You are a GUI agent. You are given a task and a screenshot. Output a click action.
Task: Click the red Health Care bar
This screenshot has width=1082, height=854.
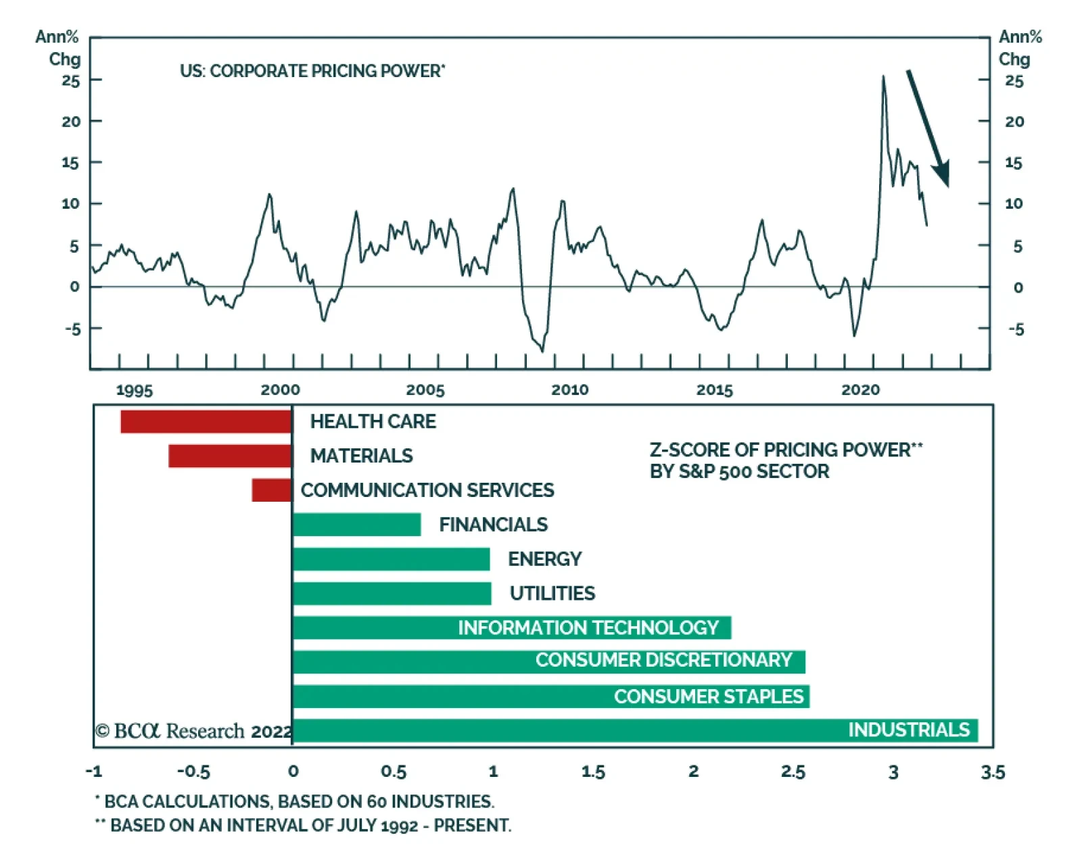point(206,421)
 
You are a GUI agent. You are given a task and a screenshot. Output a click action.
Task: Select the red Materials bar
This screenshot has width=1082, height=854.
point(230,456)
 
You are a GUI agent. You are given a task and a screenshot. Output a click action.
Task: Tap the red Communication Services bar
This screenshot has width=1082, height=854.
point(271,490)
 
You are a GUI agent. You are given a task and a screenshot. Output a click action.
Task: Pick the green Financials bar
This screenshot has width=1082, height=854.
point(357,525)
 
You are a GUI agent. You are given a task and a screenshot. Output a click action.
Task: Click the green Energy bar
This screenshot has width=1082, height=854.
point(392,559)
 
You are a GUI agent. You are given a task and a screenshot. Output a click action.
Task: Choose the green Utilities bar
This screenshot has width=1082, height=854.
point(392,594)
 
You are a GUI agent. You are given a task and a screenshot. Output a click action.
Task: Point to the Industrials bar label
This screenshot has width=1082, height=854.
point(908,730)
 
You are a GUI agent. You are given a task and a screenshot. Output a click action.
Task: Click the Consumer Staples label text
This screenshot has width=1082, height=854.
point(708,696)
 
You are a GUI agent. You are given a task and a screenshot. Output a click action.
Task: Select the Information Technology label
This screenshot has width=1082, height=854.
point(588,627)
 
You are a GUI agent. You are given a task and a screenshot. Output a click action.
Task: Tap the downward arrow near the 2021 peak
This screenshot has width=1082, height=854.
point(928,128)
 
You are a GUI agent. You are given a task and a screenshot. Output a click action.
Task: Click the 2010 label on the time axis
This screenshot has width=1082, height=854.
point(569,390)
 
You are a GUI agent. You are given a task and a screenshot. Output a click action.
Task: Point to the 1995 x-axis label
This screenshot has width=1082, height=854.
point(134,390)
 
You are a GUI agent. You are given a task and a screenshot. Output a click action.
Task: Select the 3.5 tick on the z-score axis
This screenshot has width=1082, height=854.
point(992,772)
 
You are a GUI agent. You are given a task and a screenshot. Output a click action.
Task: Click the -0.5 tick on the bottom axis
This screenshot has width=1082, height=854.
point(193,772)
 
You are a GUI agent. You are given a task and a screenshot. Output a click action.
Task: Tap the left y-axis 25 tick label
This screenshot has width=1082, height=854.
point(70,81)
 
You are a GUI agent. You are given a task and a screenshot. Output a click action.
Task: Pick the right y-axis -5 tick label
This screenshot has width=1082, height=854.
point(1015,329)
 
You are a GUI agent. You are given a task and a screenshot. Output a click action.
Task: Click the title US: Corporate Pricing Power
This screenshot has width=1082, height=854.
point(312,71)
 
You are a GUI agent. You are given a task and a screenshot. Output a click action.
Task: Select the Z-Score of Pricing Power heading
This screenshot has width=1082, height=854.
point(786,460)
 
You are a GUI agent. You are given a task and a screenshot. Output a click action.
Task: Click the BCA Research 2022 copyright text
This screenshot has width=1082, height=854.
point(193,731)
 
